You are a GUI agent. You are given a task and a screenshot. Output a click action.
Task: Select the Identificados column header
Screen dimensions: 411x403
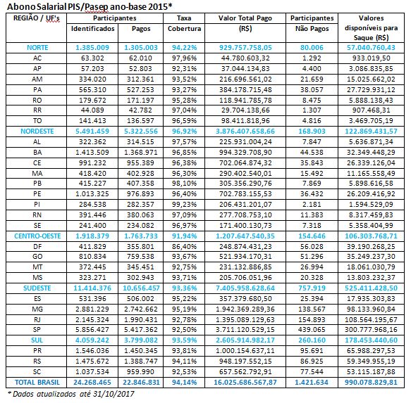coord(92,29)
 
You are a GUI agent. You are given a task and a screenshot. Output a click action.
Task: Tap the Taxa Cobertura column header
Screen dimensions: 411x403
coord(184,23)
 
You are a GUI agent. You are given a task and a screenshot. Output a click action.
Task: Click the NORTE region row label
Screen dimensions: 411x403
coord(37,48)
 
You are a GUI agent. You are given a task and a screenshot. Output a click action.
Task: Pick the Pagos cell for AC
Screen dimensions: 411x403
coord(140,58)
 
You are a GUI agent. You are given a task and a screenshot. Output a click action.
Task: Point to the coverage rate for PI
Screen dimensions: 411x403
coord(184,204)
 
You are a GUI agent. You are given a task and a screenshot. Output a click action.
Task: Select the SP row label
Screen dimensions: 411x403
coord(37,330)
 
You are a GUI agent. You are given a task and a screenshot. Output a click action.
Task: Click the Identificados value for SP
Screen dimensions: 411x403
coord(92,330)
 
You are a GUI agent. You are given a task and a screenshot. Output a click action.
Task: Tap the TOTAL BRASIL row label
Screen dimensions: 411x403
coord(37,383)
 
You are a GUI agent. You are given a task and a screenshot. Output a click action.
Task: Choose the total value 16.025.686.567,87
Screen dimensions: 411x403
coord(245,383)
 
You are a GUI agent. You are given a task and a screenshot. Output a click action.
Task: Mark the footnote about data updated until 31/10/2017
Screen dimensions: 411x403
coord(71,394)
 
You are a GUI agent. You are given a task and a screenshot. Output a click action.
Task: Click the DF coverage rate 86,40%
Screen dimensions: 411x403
coord(184,246)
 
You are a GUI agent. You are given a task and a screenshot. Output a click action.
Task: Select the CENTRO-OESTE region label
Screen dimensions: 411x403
coord(37,236)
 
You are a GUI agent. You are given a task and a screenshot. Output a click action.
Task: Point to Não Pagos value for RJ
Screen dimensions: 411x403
coord(312,319)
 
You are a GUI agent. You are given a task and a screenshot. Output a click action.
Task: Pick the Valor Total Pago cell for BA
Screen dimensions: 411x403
coord(245,152)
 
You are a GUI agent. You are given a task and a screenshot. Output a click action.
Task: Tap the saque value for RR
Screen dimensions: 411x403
coord(371,110)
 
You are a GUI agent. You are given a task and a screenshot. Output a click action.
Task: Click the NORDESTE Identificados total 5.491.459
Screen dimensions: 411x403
coord(92,131)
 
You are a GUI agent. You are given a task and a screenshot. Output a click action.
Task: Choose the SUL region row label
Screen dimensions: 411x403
coord(37,340)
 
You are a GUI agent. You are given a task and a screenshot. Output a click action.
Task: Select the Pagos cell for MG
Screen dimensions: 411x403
coord(141,309)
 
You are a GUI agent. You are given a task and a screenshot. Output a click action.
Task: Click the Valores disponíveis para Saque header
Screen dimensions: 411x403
coord(371,27)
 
